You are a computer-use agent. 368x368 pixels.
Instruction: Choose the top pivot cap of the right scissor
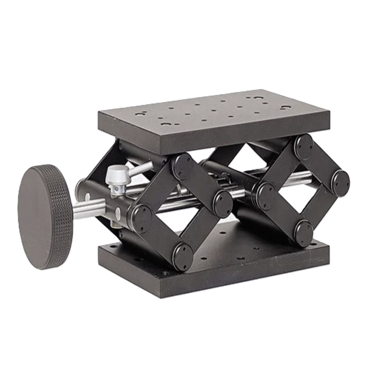pyautogui.click(x=304, y=147)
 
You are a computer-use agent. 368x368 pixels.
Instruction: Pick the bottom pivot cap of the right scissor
pyautogui.click(x=303, y=233)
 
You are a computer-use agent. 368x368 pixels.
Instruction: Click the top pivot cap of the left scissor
pyautogui.click(x=183, y=166)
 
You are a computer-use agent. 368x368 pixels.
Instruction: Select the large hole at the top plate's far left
pyautogui.click(x=141, y=114)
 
